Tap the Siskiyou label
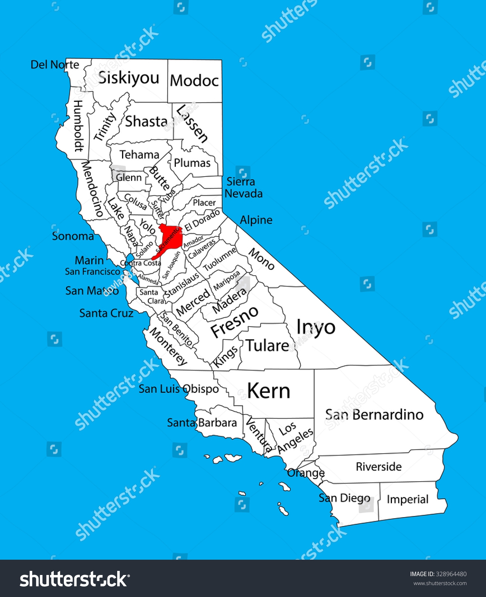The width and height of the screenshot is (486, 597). point(129,78)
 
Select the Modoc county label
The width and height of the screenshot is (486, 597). point(194,81)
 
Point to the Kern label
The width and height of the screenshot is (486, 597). point(268,391)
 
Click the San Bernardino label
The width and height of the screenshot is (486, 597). point(374,415)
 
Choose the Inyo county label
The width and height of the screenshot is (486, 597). point(316,327)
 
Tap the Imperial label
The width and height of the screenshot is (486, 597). point(407,499)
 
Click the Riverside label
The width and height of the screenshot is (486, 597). point(378,466)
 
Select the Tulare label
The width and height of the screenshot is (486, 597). point(267,346)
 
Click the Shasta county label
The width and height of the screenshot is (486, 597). point(146,122)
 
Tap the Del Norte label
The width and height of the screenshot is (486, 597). point(55,65)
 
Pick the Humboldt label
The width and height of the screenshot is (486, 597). point(78,126)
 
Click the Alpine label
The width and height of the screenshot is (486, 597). point(256,220)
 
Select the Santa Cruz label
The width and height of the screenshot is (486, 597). point(106,313)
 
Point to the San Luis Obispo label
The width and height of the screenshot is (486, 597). point(179,389)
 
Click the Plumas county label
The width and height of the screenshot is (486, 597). point(192,163)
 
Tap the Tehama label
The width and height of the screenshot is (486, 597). point(139,154)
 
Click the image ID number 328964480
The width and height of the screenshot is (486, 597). point(451,574)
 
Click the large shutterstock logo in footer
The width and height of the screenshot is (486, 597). point(75,579)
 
